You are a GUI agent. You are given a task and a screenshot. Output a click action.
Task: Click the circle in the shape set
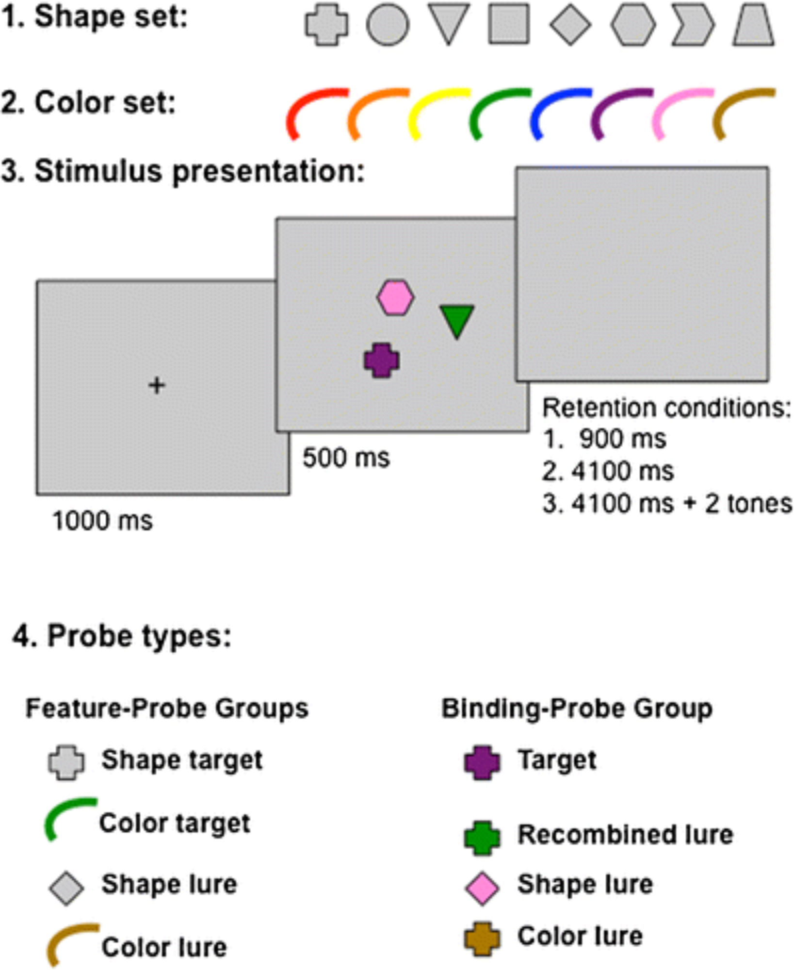[x=388, y=24]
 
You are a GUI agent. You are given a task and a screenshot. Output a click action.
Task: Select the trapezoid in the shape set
[x=753, y=25]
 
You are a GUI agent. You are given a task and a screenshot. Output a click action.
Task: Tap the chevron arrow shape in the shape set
[x=693, y=25]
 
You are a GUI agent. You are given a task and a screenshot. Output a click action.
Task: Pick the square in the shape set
[x=509, y=24]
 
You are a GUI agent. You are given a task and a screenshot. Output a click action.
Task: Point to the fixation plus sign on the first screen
[x=157, y=386]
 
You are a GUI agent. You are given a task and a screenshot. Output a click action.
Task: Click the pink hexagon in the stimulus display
[x=395, y=297]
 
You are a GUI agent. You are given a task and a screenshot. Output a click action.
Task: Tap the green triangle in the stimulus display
[x=457, y=319]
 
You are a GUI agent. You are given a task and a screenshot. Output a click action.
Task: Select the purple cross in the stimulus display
[x=382, y=360]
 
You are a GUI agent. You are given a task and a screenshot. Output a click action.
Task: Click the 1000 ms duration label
[x=102, y=521]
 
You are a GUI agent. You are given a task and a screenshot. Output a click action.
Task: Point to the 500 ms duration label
[x=346, y=458]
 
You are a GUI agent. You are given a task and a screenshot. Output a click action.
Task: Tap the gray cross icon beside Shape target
[x=66, y=762]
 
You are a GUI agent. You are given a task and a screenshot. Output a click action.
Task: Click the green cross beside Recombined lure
[x=482, y=838]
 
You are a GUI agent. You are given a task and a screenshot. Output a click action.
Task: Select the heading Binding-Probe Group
[x=577, y=709]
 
